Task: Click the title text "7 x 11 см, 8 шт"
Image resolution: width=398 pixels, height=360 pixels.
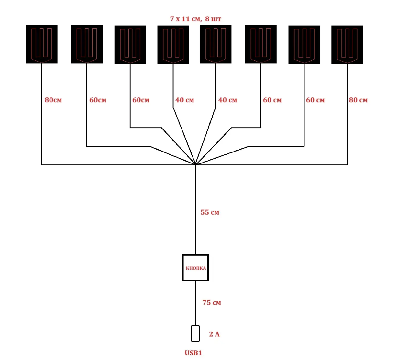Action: [x=195, y=19]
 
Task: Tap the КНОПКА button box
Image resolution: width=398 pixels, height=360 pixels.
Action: [x=195, y=268]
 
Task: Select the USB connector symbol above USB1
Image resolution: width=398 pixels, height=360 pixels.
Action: [x=195, y=333]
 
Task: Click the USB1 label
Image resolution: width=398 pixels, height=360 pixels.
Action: [x=193, y=353]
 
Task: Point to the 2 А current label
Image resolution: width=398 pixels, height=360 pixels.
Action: [x=214, y=334]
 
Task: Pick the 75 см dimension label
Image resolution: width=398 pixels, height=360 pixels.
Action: [x=212, y=302]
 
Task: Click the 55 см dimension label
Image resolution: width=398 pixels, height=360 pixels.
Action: [x=210, y=212]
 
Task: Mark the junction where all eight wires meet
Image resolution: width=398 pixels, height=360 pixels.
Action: [x=195, y=165]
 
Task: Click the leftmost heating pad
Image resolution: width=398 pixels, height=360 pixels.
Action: [x=42, y=44]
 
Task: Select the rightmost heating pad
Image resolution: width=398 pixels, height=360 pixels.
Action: [x=347, y=45]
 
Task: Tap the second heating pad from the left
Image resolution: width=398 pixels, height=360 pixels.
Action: [x=87, y=44]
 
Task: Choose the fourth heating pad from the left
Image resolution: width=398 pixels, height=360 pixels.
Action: [x=173, y=45]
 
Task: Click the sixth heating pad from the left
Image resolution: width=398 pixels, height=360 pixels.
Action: [x=261, y=44]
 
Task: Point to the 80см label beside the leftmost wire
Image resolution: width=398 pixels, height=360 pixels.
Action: [x=53, y=100]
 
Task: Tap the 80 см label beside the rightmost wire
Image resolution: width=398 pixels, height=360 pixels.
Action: [x=358, y=100]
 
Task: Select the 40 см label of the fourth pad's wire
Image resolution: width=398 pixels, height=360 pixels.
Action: [x=184, y=100]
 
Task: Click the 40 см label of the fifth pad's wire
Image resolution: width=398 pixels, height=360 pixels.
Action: [x=227, y=100]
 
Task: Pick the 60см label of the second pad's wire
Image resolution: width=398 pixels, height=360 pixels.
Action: [x=98, y=100]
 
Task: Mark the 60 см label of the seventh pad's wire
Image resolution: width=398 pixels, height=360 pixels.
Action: [x=315, y=100]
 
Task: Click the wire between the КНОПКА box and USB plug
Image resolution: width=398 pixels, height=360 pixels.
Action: [x=195, y=303]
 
